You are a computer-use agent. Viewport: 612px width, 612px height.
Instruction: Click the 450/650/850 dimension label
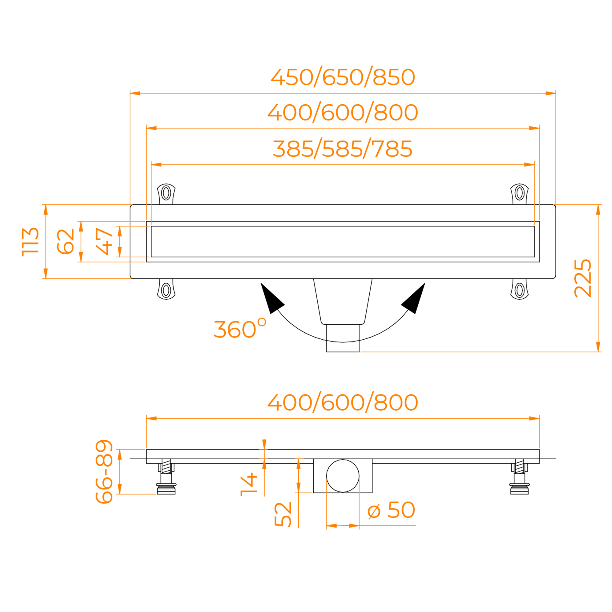click(x=343, y=77)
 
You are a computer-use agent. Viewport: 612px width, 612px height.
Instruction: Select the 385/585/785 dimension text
click(x=343, y=149)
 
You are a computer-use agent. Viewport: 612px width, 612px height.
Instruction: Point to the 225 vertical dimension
click(x=583, y=278)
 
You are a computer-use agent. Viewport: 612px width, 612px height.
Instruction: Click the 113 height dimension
click(x=30, y=242)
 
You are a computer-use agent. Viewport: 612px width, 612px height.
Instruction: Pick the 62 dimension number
click(x=65, y=241)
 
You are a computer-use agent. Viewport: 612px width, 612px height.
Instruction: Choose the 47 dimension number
click(x=105, y=241)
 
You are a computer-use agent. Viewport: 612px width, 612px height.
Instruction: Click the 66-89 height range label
click(x=104, y=471)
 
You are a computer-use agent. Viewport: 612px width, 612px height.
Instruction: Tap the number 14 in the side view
click(x=249, y=484)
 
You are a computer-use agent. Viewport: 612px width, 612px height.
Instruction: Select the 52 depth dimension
click(x=283, y=514)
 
